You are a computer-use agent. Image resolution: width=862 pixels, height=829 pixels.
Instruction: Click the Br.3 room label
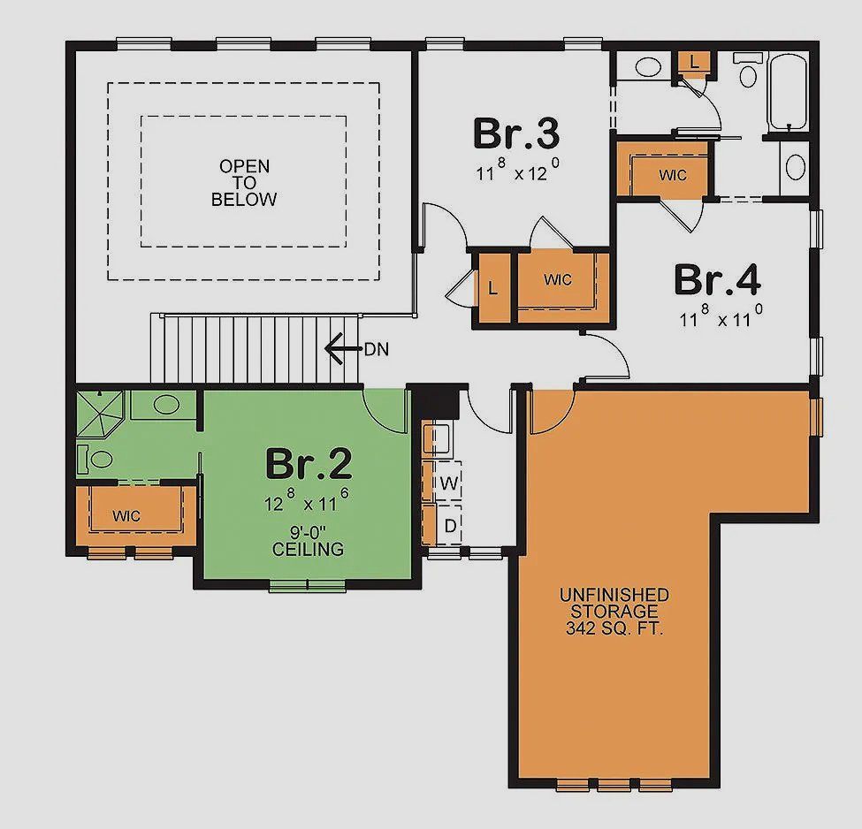coord(516,134)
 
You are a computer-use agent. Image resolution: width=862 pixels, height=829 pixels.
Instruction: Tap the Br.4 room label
coord(717,280)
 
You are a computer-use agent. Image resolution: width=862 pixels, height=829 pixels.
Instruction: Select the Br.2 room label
coord(309,463)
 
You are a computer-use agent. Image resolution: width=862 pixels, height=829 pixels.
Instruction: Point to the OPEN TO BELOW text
coord(244,183)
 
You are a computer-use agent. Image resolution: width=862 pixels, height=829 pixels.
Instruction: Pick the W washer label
coord(448,483)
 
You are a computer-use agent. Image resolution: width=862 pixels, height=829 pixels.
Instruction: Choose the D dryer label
coord(448,526)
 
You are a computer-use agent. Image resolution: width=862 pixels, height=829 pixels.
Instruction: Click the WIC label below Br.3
coord(558,280)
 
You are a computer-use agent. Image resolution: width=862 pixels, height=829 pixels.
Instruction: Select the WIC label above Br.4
coord(672,175)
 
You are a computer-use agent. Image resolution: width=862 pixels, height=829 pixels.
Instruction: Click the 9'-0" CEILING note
coord(308,541)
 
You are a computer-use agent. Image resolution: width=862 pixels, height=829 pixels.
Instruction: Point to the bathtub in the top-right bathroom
coord(787,92)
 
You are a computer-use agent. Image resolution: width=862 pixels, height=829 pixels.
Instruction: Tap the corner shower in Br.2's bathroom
coord(100,414)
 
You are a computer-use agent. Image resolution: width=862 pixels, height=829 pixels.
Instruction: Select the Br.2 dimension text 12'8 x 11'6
coord(308,503)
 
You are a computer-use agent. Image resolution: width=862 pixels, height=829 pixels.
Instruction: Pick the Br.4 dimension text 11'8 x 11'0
coord(721,318)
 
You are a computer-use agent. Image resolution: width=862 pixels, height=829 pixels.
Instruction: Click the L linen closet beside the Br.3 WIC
coord(492,287)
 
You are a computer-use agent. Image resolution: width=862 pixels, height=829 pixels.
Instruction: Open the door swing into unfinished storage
coord(550,412)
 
